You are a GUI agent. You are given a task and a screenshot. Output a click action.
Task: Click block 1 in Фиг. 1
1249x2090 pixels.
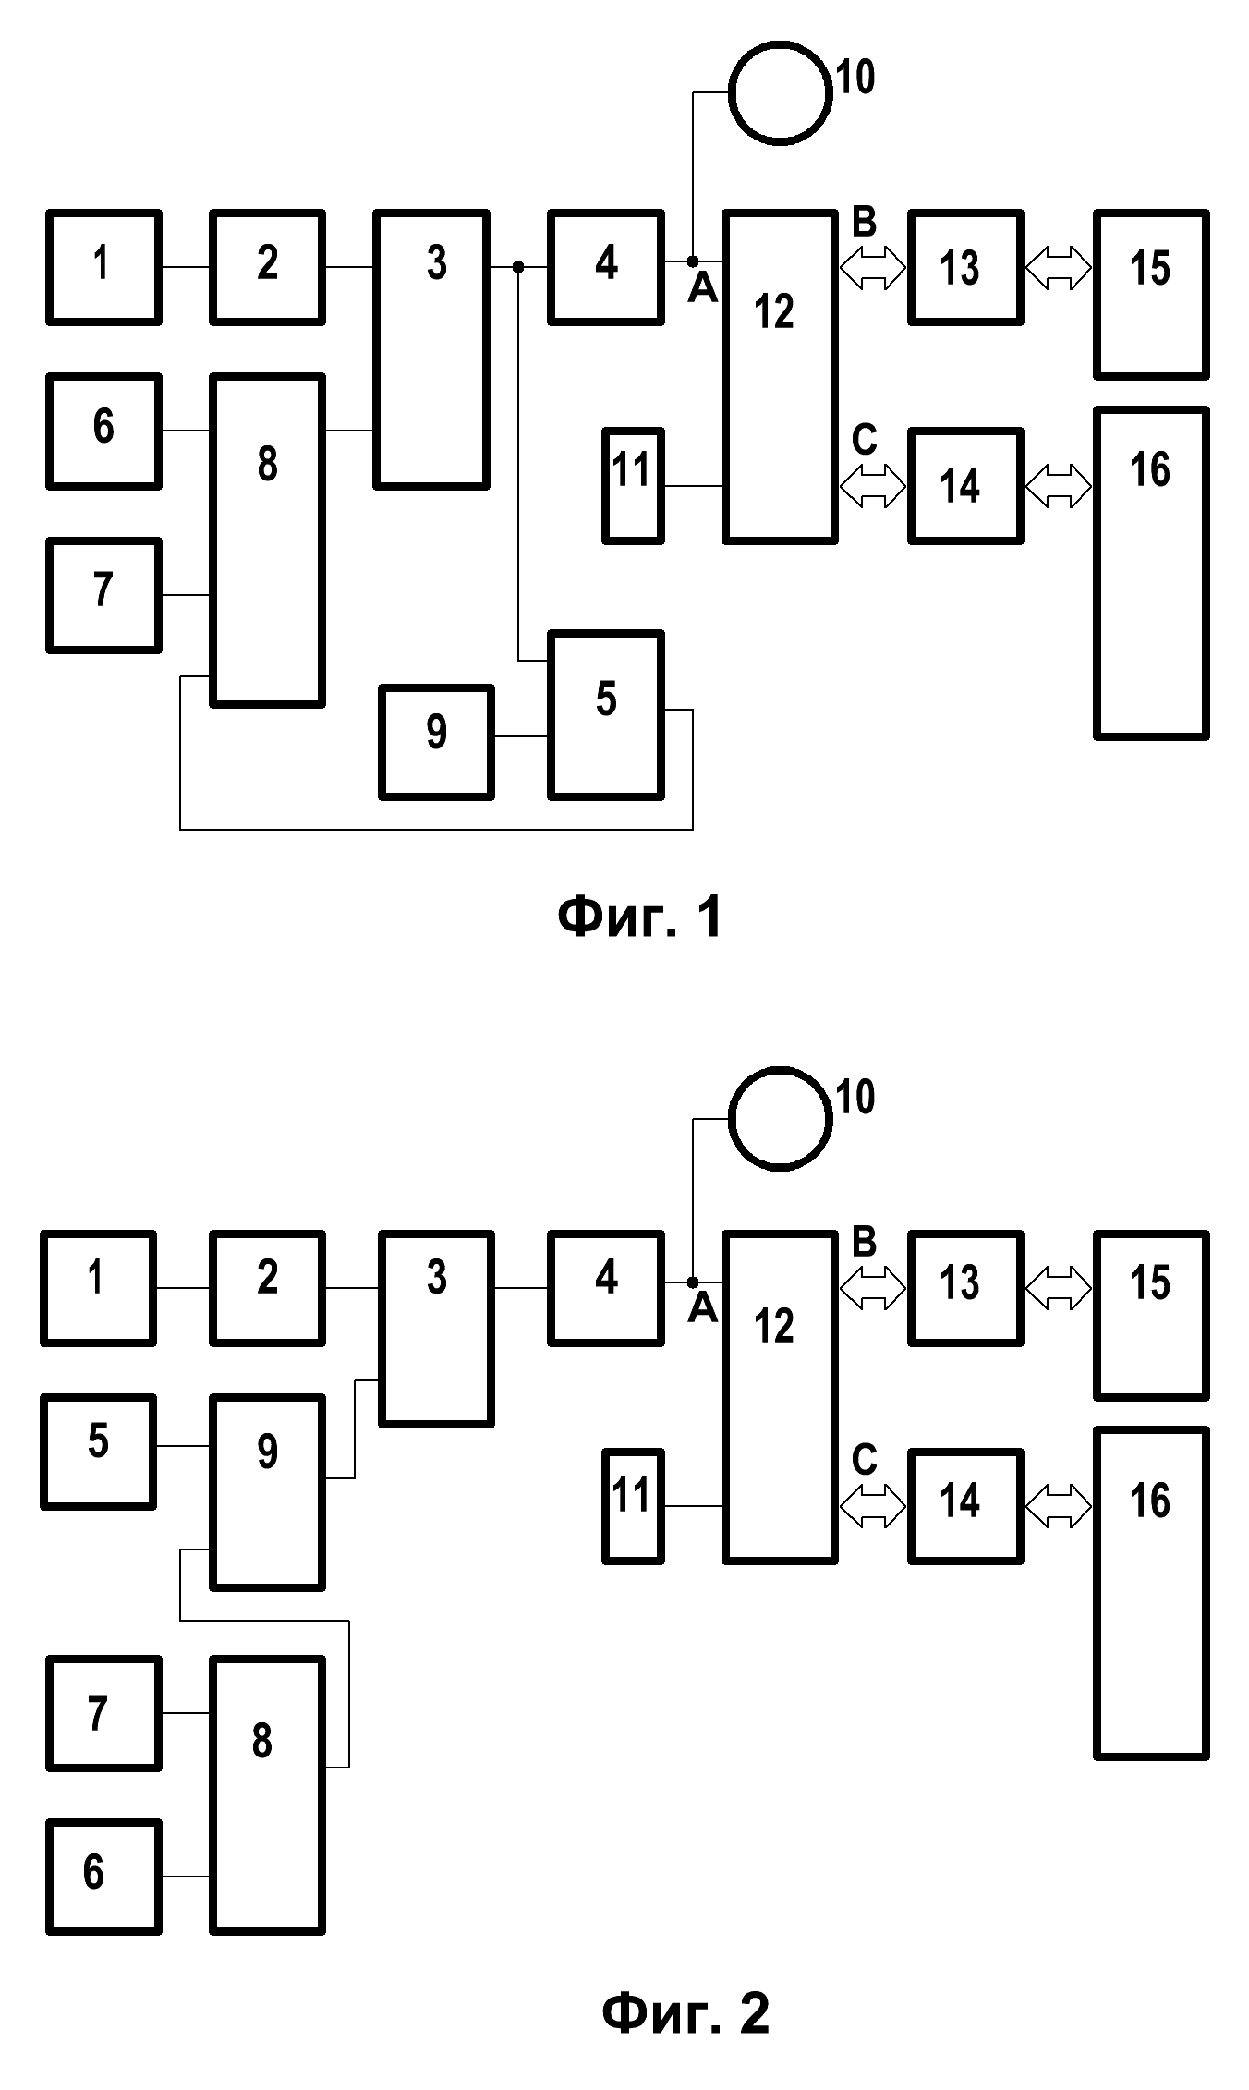tap(104, 267)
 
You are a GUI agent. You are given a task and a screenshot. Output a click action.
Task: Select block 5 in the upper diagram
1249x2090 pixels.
tap(606, 714)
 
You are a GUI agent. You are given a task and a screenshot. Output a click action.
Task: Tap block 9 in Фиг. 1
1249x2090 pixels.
tap(436, 741)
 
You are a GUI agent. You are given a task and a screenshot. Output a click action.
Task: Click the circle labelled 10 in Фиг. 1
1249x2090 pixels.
tap(779, 92)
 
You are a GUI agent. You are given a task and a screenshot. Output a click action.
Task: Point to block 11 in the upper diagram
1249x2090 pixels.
tap(633, 485)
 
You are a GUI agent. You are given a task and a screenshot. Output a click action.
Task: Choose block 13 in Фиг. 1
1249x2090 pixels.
tap(965, 267)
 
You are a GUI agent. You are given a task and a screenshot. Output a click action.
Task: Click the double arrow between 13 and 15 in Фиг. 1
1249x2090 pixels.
tap(1059, 269)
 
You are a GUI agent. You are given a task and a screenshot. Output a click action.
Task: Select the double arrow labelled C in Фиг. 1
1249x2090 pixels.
tap(873, 486)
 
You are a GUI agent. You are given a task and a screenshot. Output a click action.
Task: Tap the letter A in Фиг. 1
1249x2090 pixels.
tap(703, 290)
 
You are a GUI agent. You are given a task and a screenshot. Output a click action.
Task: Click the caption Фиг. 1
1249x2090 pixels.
tap(640, 917)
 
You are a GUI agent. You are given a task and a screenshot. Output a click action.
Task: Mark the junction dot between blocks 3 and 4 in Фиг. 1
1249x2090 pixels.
tap(518, 267)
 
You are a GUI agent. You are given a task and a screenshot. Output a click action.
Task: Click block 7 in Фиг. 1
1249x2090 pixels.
tap(104, 595)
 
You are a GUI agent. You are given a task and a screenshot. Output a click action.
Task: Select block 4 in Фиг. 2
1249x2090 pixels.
tap(606, 1287)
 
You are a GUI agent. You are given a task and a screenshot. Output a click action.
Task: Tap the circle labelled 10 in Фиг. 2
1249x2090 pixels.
tap(779, 1118)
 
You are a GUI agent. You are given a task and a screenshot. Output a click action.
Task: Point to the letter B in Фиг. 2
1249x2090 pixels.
tap(864, 1243)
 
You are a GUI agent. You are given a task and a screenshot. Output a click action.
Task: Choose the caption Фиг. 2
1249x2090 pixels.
tap(685, 2013)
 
